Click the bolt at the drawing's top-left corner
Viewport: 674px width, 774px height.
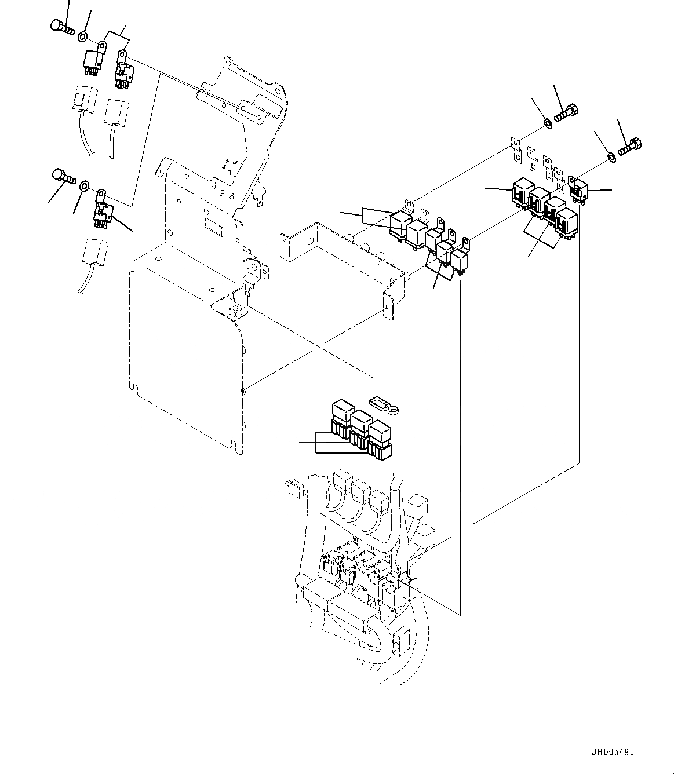[x=60, y=26]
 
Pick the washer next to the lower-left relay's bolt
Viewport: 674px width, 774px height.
[x=83, y=186]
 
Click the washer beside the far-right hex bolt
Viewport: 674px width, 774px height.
[x=611, y=157]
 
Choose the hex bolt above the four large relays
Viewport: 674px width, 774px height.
[x=566, y=112]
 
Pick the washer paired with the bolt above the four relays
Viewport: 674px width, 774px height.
[x=547, y=123]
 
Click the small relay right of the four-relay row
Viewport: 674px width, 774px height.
[x=580, y=188]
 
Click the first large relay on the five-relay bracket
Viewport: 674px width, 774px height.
[x=400, y=225]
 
